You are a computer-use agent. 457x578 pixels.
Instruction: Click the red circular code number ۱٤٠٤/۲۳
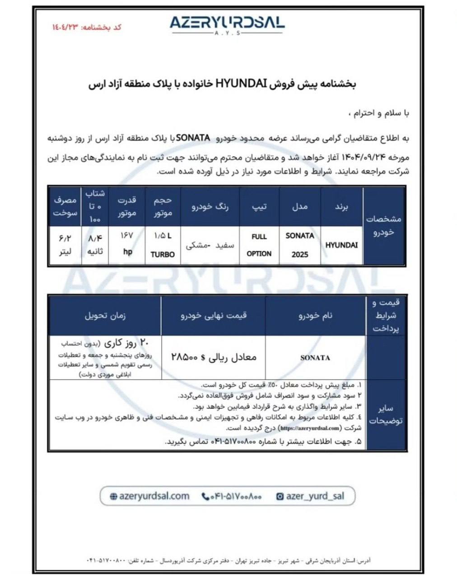point(66,27)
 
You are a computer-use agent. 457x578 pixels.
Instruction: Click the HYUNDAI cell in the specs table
point(341,245)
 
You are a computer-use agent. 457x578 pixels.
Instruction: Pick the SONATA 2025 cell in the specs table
point(300,245)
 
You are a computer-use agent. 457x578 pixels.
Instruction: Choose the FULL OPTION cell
point(259,245)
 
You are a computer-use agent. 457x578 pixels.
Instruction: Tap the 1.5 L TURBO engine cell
point(163,245)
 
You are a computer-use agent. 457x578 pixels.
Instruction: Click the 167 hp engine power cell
point(127,245)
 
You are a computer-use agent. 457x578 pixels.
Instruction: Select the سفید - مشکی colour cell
point(210,245)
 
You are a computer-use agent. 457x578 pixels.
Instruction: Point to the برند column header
point(341,206)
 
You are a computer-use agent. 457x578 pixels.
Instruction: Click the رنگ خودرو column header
point(210,206)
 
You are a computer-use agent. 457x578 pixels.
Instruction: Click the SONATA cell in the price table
point(315,358)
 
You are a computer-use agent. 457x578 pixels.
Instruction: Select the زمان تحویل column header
point(105,316)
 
